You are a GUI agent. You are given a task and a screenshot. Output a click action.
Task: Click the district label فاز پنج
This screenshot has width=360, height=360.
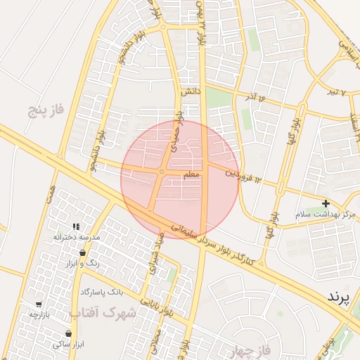46,110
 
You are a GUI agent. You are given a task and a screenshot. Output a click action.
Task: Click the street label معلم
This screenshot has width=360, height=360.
191,174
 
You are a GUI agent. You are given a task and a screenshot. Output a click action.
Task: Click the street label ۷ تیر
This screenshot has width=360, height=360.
340,93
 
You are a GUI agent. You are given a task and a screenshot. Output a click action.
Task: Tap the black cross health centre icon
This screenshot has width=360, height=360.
325,203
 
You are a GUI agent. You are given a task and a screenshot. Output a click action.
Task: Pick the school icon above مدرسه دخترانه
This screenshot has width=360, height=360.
76,227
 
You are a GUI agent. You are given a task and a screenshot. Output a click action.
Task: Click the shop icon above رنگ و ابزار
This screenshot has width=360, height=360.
83,252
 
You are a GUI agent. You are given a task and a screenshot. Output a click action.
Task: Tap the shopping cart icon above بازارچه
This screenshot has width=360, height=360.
38,304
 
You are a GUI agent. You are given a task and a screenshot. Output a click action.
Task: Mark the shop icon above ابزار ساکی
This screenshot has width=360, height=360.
68,333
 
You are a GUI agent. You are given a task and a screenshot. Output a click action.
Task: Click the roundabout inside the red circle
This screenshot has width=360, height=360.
162,172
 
